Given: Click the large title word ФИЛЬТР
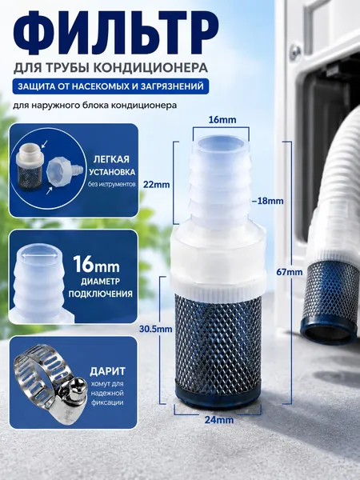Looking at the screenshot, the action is (115, 32).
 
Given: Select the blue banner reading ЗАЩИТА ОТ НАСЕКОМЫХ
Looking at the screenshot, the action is (111, 86).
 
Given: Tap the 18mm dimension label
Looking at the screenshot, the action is (267, 201).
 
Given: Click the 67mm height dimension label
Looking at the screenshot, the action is (290, 272).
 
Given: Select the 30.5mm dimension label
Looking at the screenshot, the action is (155, 329).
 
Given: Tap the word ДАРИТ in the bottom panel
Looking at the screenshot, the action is (107, 371).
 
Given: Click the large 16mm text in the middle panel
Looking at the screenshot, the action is (96, 264).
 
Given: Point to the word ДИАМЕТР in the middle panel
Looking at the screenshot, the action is (96, 282).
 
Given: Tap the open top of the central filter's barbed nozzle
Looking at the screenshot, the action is (221, 143).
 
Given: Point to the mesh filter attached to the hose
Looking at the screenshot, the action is (331, 293).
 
